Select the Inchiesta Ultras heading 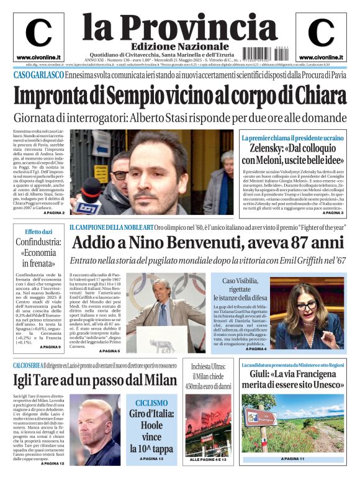click(x=209, y=366)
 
